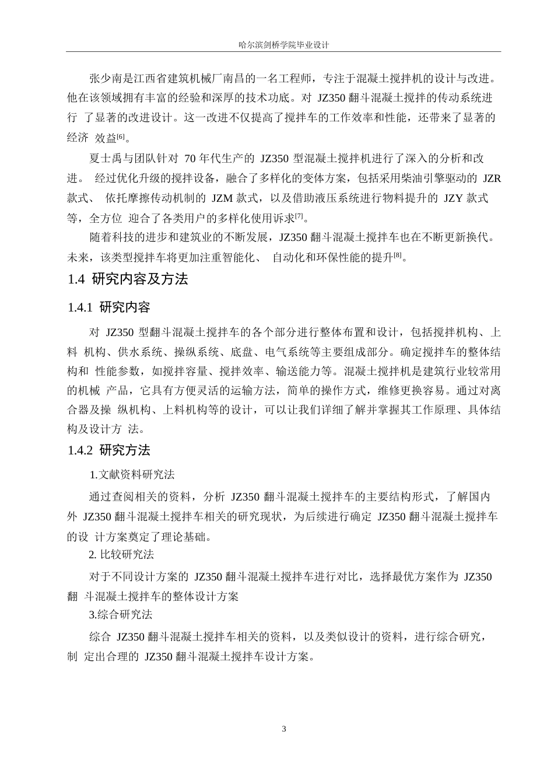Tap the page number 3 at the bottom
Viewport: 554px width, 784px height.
pyautogui.click(x=284, y=729)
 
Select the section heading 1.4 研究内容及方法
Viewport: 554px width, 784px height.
pyautogui.click(x=128, y=279)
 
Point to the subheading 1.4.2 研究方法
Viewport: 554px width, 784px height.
pyautogui.click(x=109, y=450)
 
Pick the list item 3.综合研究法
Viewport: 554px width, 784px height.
pyautogui.click(x=121, y=614)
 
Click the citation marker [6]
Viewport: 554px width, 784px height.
pyautogui.click(x=120, y=136)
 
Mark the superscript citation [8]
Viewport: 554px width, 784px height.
pyautogui.click(x=398, y=255)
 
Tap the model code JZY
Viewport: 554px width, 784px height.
pyautogui.click(x=454, y=198)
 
